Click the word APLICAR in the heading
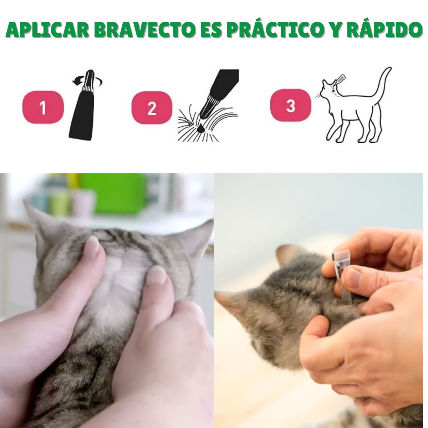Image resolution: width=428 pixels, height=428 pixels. pos(48,31)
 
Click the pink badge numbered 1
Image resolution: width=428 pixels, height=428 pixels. pos(43,107)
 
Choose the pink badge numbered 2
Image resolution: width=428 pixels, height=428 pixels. pos(152,107)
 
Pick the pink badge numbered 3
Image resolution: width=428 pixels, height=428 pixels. pos(291,106)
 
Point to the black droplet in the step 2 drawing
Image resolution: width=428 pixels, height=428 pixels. pos(201,129)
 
